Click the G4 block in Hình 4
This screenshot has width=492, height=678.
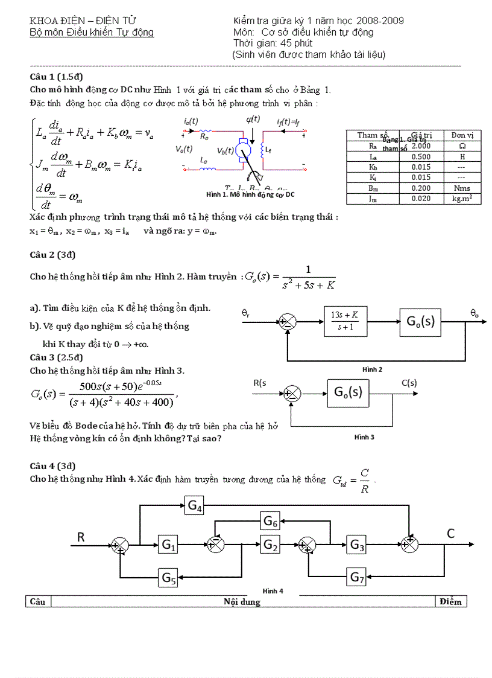[195, 505]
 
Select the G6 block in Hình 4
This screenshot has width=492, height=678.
[271, 520]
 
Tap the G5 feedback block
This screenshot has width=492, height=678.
[169, 578]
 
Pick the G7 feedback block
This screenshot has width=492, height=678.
[358, 577]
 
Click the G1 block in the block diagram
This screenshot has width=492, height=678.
[169, 545]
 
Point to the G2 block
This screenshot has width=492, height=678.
[271, 545]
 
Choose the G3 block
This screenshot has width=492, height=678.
[358, 545]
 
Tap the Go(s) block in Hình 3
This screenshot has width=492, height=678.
[348, 392]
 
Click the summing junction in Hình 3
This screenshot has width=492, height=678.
[292, 394]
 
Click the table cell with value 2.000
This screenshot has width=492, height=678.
[420, 146]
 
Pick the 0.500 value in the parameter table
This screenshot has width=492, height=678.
[420, 156]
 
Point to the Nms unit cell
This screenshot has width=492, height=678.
[462, 188]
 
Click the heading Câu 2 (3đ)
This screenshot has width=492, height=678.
[52, 255]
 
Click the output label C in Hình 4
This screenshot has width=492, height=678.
[450, 532]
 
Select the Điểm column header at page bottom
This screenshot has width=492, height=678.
[450, 601]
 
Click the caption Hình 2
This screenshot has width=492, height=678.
[372, 369]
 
